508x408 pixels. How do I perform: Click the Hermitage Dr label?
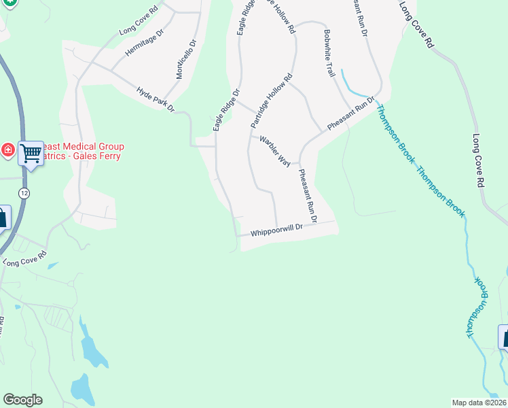click(145, 43)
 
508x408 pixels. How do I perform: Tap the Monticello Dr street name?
click(185, 59)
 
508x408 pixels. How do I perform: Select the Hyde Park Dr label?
click(156, 99)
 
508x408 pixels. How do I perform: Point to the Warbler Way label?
click(275, 150)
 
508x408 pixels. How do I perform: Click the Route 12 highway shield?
click(24, 193)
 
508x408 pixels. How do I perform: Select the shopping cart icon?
click(31, 154)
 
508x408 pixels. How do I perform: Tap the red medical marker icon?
click(7, 150)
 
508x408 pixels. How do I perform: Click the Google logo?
click(22, 400)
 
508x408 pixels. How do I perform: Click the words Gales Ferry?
click(98, 156)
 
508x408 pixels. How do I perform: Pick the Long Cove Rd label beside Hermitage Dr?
click(139, 21)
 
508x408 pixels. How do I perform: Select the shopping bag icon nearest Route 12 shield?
click(3, 218)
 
